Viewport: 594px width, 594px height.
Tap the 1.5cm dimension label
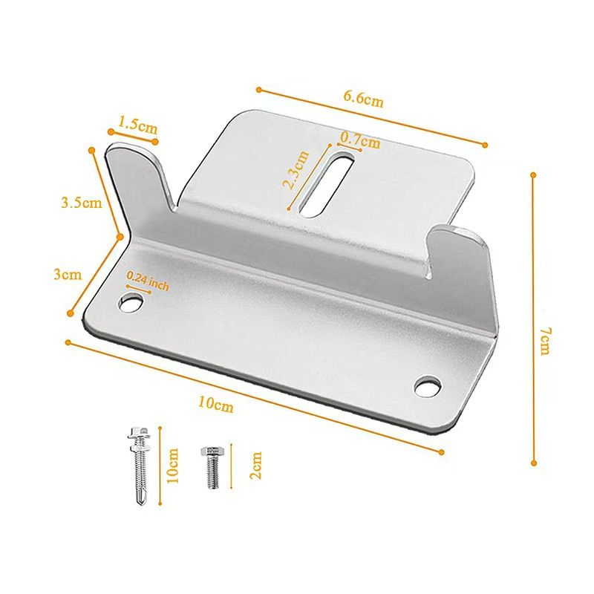coord(138,124)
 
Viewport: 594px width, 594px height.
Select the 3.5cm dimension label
coord(81,202)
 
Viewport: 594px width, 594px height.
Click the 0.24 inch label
coord(148,281)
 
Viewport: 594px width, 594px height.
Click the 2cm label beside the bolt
coord(256,466)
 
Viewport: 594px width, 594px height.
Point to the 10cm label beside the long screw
coord(173,466)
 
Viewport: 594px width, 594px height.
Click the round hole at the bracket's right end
coord(427,386)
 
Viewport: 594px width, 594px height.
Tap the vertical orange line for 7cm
coord(533,319)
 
